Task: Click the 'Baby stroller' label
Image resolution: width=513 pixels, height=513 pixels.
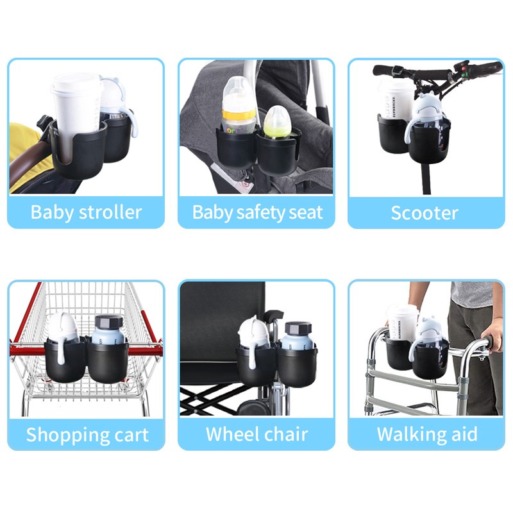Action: click(x=86, y=212)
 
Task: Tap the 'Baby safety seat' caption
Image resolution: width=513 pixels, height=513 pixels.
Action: click(x=256, y=212)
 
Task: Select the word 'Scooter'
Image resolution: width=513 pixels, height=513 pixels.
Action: click(x=425, y=212)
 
